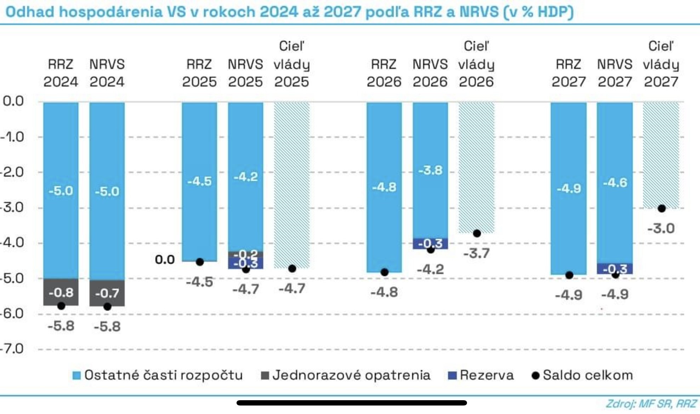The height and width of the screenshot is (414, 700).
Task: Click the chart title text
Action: click(289, 12)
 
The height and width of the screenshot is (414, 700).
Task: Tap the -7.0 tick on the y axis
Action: click(12, 349)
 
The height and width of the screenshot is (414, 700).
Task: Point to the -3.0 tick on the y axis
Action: click(12, 207)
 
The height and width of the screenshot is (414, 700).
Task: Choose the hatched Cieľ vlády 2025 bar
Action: click(292, 184)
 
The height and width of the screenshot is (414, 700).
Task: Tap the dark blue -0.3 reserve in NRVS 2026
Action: click(430, 243)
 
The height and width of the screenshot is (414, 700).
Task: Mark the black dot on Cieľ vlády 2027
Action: click(661, 208)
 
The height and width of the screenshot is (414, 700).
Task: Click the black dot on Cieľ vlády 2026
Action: click(477, 234)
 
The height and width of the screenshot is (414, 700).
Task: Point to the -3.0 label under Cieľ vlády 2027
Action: click(661, 229)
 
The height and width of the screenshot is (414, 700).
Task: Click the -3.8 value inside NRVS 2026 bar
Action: click(430, 171)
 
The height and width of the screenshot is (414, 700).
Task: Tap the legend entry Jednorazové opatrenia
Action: click(346, 375)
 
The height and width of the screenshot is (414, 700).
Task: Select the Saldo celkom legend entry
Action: click(582, 375)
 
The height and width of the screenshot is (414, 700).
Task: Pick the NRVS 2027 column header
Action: click(615, 73)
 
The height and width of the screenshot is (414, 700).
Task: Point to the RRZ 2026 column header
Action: click(384, 73)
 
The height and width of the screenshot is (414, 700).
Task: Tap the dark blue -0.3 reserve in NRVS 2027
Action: click(615, 269)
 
